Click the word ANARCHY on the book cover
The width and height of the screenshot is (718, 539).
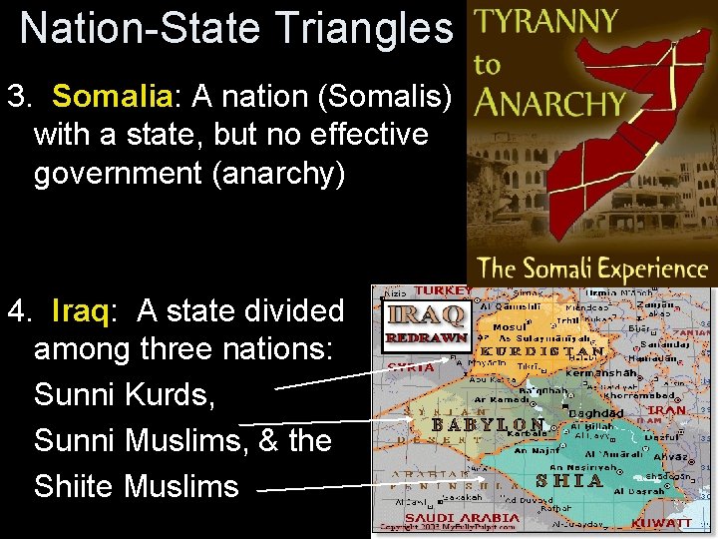[550, 102]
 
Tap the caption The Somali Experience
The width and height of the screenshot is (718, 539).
[592, 268]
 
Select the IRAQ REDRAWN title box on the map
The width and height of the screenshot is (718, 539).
[425, 322]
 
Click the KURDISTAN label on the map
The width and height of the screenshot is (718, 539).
[542, 351]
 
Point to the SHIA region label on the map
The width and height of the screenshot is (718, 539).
[569, 480]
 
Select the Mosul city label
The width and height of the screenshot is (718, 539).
[510, 326]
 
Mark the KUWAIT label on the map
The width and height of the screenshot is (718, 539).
[662, 522]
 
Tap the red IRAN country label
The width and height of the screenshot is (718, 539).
[667, 409]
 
